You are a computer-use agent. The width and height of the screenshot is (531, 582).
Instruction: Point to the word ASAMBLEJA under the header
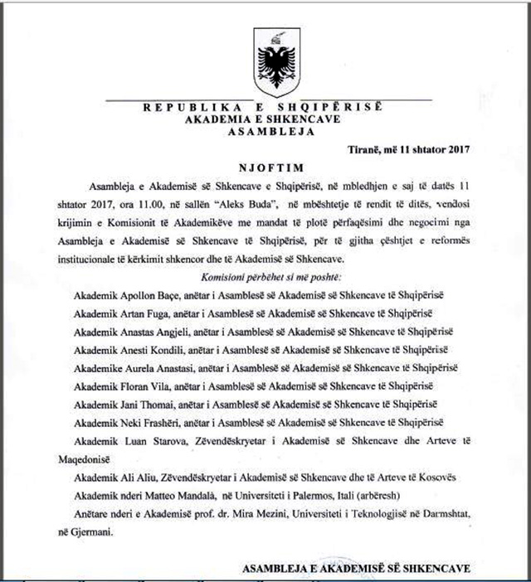275,131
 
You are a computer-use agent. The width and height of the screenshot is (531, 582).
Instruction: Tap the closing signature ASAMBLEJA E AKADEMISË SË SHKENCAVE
357,569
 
